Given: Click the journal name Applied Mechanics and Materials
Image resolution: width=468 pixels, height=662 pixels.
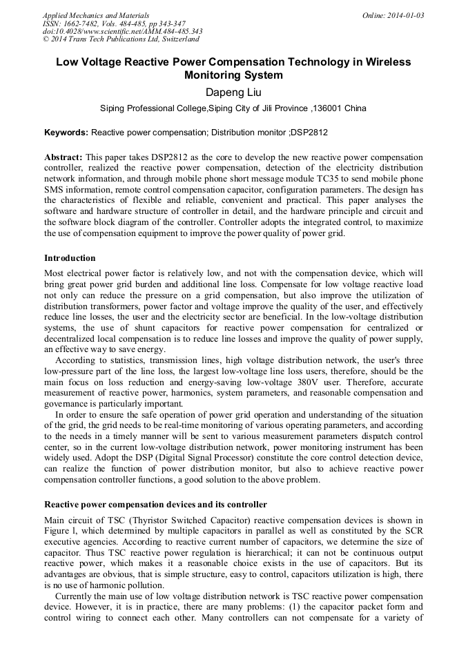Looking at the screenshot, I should (x=96, y=15).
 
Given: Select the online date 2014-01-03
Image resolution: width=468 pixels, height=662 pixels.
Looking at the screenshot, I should (x=404, y=15).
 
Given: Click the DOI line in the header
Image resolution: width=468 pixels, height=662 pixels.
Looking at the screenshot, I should (x=122, y=32).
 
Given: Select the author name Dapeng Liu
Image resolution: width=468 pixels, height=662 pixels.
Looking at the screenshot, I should (x=233, y=92).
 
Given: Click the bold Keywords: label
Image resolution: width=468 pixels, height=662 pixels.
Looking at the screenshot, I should (x=66, y=133).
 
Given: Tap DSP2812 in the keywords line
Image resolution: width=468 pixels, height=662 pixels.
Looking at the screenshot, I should (x=309, y=133).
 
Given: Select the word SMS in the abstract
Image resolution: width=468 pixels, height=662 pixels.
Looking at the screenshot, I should (x=55, y=190).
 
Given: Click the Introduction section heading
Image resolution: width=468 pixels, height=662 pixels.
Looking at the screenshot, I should (x=70, y=258).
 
